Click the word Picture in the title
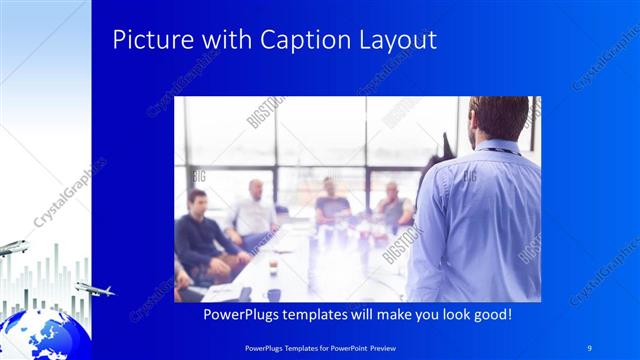145,41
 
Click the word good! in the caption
492,315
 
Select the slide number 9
590,346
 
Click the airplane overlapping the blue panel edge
95,290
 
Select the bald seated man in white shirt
254,210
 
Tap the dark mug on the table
273,294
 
